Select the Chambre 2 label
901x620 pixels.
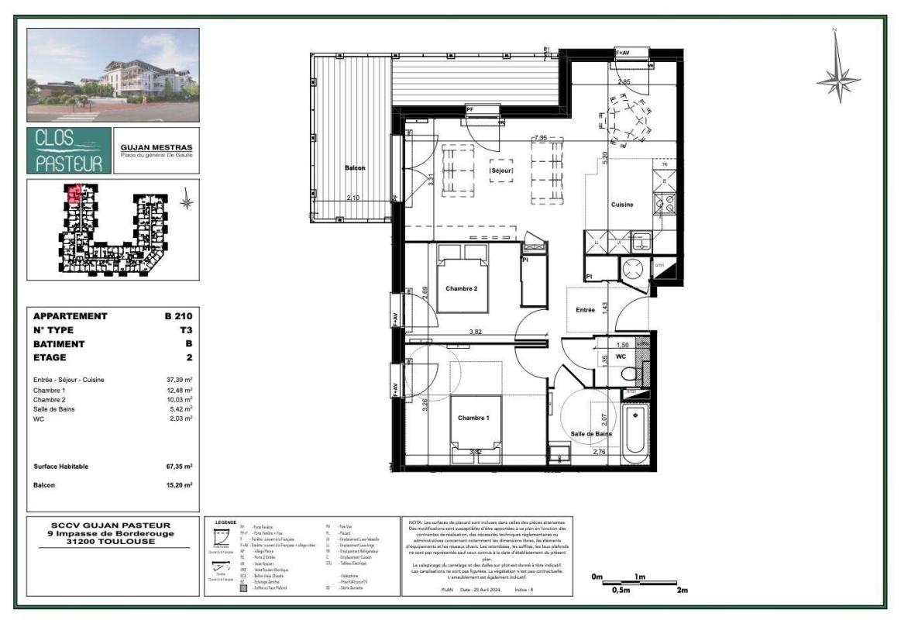coord(463,289)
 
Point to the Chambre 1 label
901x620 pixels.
coord(474,418)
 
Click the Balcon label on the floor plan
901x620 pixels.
coord(355,168)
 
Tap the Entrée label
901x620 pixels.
coord(584,310)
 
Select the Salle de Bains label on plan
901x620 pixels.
coord(591,434)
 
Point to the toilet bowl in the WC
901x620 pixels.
coord(629,375)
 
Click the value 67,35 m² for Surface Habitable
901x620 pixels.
coord(177,467)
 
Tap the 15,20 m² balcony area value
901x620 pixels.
coord(177,485)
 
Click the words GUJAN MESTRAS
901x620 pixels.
coord(156,147)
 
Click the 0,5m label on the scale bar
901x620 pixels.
coord(621,591)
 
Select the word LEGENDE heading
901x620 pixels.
coord(225,523)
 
